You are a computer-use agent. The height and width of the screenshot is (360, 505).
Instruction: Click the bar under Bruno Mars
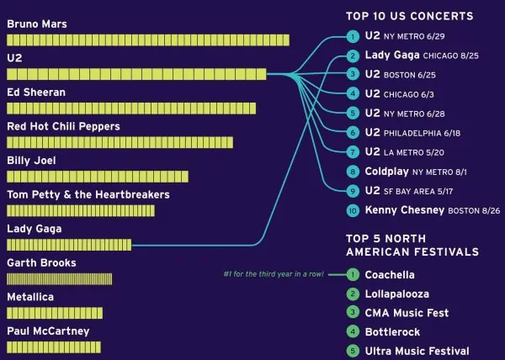point(147,40)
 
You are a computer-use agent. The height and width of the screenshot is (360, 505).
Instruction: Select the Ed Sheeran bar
point(130,109)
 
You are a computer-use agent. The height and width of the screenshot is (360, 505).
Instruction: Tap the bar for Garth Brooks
point(59,278)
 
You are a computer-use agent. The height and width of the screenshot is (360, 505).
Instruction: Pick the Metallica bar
point(55,313)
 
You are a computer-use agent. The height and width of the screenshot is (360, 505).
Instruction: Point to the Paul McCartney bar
point(54,347)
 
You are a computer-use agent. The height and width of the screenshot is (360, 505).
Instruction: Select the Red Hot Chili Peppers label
point(63,126)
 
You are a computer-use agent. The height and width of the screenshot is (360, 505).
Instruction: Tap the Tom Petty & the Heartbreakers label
point(88,194)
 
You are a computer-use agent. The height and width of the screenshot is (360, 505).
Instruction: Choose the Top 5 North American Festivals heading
point(412,245)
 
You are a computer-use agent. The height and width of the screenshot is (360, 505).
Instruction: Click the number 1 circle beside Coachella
point(353,274)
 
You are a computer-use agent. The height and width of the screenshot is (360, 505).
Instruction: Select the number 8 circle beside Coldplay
point(353,171)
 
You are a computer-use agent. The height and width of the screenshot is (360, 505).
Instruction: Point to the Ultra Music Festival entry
point(417,351)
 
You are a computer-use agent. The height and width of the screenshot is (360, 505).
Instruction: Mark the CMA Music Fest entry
point(407,313)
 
